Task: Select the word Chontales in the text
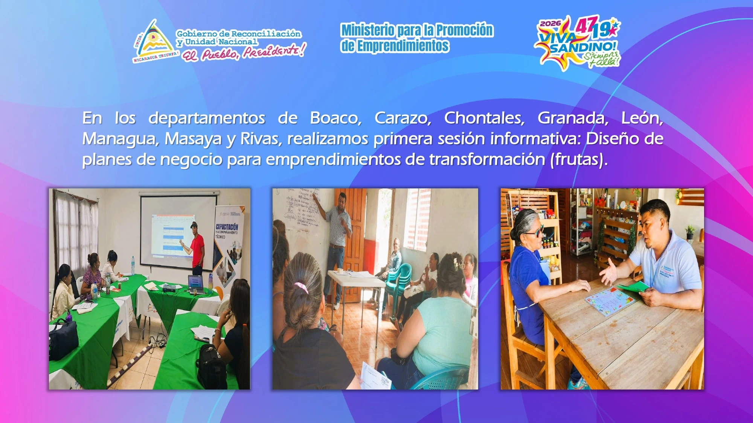click(x=484, y=118)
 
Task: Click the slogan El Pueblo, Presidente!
click(x=244, y=53)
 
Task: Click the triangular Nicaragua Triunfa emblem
click(x=154, y=41)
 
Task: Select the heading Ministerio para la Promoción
click(x=417, y=30)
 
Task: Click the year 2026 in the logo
click(x=550, y=24)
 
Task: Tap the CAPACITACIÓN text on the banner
click(x=227, y=227)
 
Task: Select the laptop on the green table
click(x=196, y=284)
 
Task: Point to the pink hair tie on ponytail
click(x=301, y=288)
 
